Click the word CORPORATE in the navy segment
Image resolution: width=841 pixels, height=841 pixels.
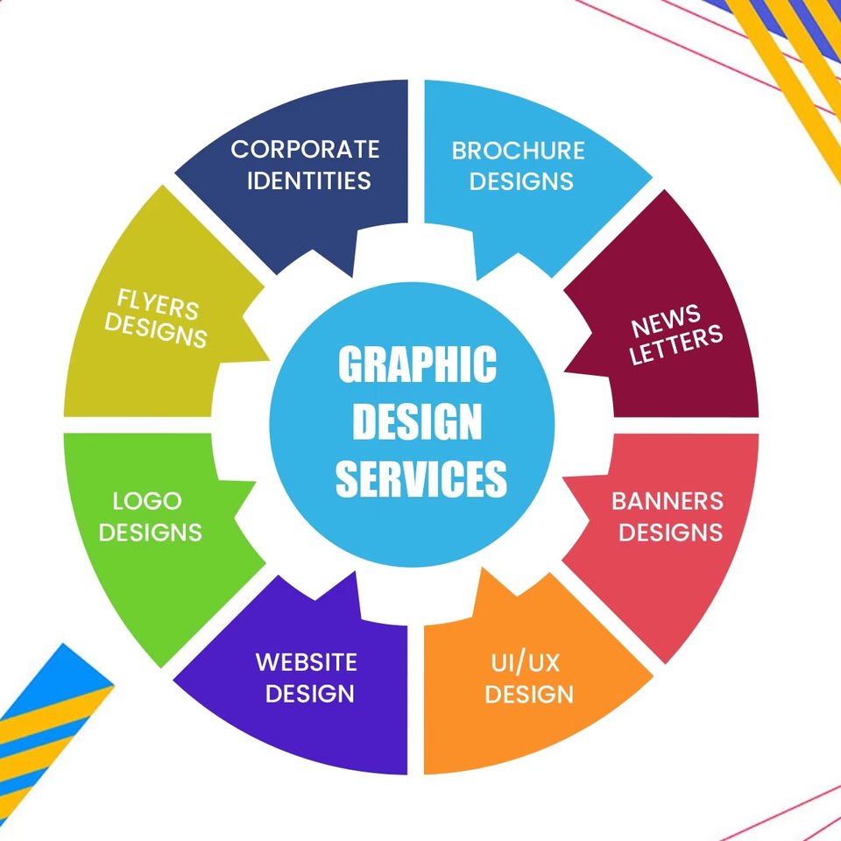(x=305, y=149)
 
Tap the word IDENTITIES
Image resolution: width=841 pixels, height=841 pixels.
(x=308, y=180)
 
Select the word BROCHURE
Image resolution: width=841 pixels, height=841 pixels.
(x=518, y=150)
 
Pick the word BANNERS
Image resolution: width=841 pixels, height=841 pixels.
(x=668, y=501)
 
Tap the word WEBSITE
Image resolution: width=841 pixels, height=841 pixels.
(x=307, y=661)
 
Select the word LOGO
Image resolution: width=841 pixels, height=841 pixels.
(x=147, y=501)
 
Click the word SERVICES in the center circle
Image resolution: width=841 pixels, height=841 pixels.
(x=421, y=478)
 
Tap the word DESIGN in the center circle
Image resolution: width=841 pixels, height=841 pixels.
(x=417, y=422)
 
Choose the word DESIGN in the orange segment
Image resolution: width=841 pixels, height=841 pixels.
(x=529, y=694)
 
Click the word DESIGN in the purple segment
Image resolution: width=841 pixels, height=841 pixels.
(x=310, y=693)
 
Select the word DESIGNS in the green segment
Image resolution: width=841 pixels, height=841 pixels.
(x=151, y=532)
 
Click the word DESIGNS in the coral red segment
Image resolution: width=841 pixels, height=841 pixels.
(x=671, y=532)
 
